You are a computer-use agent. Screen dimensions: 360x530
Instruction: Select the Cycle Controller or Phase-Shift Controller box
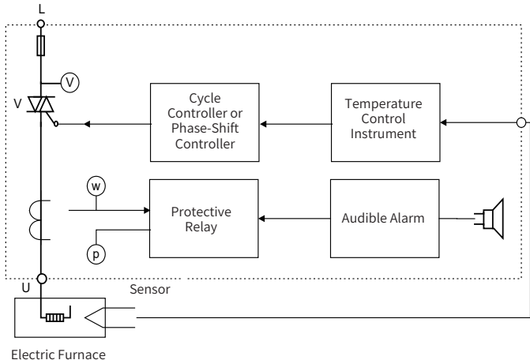(x=205, y=123)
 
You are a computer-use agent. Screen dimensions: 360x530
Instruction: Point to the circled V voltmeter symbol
(x=70, y=81)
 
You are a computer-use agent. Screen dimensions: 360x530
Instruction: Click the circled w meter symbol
(x=96, y=185)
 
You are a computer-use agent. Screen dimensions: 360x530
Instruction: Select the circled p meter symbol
(x=96, y=254)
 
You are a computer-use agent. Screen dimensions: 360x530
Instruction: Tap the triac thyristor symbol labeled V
(x=41, y=106)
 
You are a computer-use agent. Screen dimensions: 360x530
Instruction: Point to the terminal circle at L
(x=41, y=24)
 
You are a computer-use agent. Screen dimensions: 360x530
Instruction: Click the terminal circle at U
(x=41, y=278)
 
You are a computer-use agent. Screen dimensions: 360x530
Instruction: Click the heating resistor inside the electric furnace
(x=54, y=318)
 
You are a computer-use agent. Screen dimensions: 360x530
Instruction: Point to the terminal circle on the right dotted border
(x=521, y=123)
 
